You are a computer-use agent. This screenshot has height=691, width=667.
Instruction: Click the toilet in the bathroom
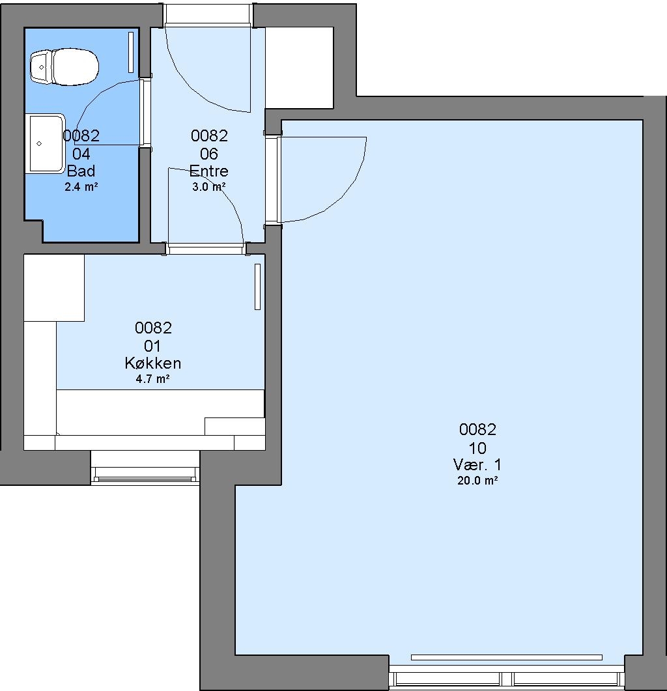click(x=64, y=67)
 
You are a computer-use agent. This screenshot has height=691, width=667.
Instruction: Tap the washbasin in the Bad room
click(x=46, y=144)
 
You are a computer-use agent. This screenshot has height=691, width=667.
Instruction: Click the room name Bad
click(x=81, y=171)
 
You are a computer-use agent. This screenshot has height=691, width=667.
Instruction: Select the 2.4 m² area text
click(x=81, y=187)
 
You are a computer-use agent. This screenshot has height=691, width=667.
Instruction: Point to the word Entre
click(x=209, y=171)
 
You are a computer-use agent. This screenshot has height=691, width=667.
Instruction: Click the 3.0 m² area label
click(x=209, y=187)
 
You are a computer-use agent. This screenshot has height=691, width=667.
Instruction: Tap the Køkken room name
click(x=153, y=363)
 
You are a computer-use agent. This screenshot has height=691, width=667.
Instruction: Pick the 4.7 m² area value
click(x=153, y=379)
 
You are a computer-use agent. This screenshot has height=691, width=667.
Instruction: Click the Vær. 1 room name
click(x=477, y=464)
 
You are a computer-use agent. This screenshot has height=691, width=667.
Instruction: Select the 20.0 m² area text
click(x=477, y=481)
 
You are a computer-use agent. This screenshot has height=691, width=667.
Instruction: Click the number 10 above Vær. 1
click(x=477, y=448)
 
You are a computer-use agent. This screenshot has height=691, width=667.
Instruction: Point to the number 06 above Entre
click(x=209, y=154)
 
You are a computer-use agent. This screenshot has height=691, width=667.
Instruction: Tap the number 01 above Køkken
click(x=153, y=346)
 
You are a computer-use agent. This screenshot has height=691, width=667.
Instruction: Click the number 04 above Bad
click(x=81, y=154)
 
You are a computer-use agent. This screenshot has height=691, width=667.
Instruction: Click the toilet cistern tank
click(x=41, y=67)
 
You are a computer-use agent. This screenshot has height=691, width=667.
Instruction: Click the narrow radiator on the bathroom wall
click(x=130, y=52)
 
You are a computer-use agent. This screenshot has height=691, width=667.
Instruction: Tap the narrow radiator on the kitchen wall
click(x=257, y=287)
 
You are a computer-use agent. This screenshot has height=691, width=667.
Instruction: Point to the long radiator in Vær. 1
click(x=507, y=658)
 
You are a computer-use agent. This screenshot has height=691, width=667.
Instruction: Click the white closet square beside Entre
click(x=300, y=68)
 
